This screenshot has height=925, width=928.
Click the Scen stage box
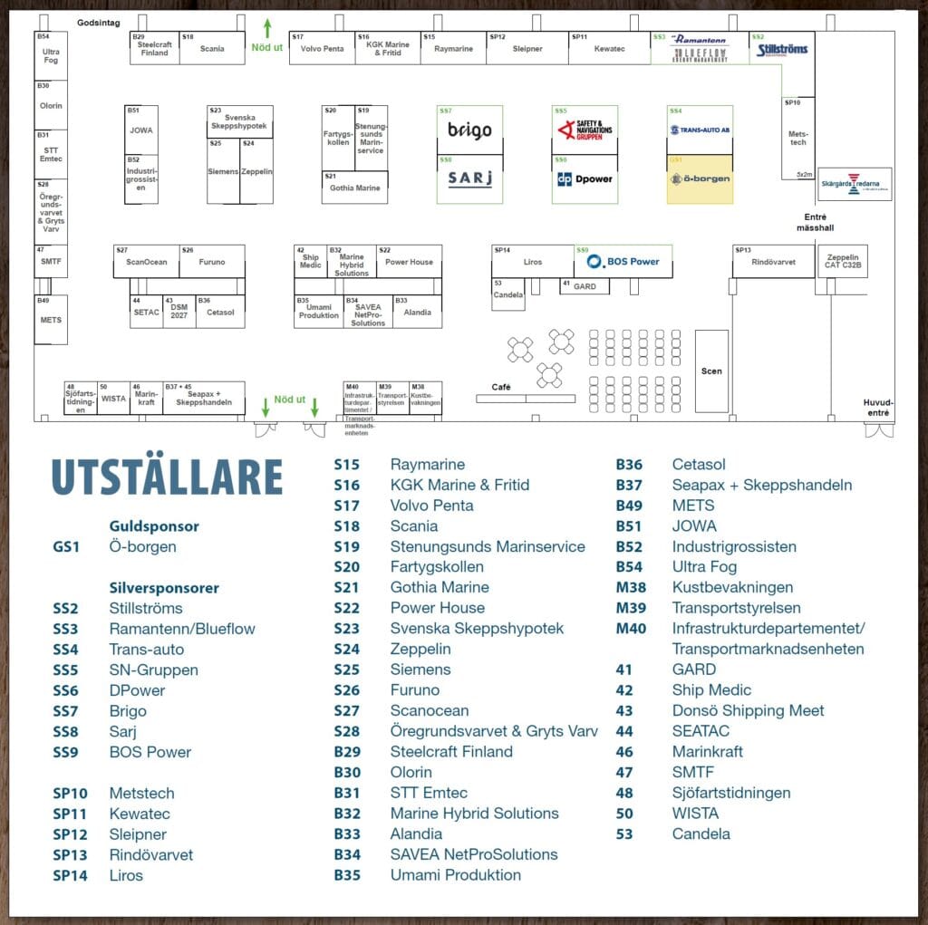click(711, 371)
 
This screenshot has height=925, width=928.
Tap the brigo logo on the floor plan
click(469, 130)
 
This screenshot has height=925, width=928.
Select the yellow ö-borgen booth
click(700, 178)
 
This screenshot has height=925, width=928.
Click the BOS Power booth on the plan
click(623, 262)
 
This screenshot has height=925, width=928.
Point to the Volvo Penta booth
click(322, 49)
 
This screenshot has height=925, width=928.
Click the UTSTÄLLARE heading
click(167, 477)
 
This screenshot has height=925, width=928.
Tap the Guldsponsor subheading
click(154, 526)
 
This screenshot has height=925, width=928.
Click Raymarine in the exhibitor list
click(427, 465)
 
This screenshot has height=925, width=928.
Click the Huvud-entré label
click(878, 408)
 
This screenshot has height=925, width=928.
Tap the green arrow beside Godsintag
click(267, 26)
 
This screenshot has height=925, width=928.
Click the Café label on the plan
click(501, 387)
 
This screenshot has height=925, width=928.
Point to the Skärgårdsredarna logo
click(854, 184)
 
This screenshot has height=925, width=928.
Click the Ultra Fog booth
click(51, 56)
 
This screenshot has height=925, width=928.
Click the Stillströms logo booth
click(782, 48)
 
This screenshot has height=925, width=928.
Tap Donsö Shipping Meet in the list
click(748, 710)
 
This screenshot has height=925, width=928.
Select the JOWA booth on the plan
click(141, 130)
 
